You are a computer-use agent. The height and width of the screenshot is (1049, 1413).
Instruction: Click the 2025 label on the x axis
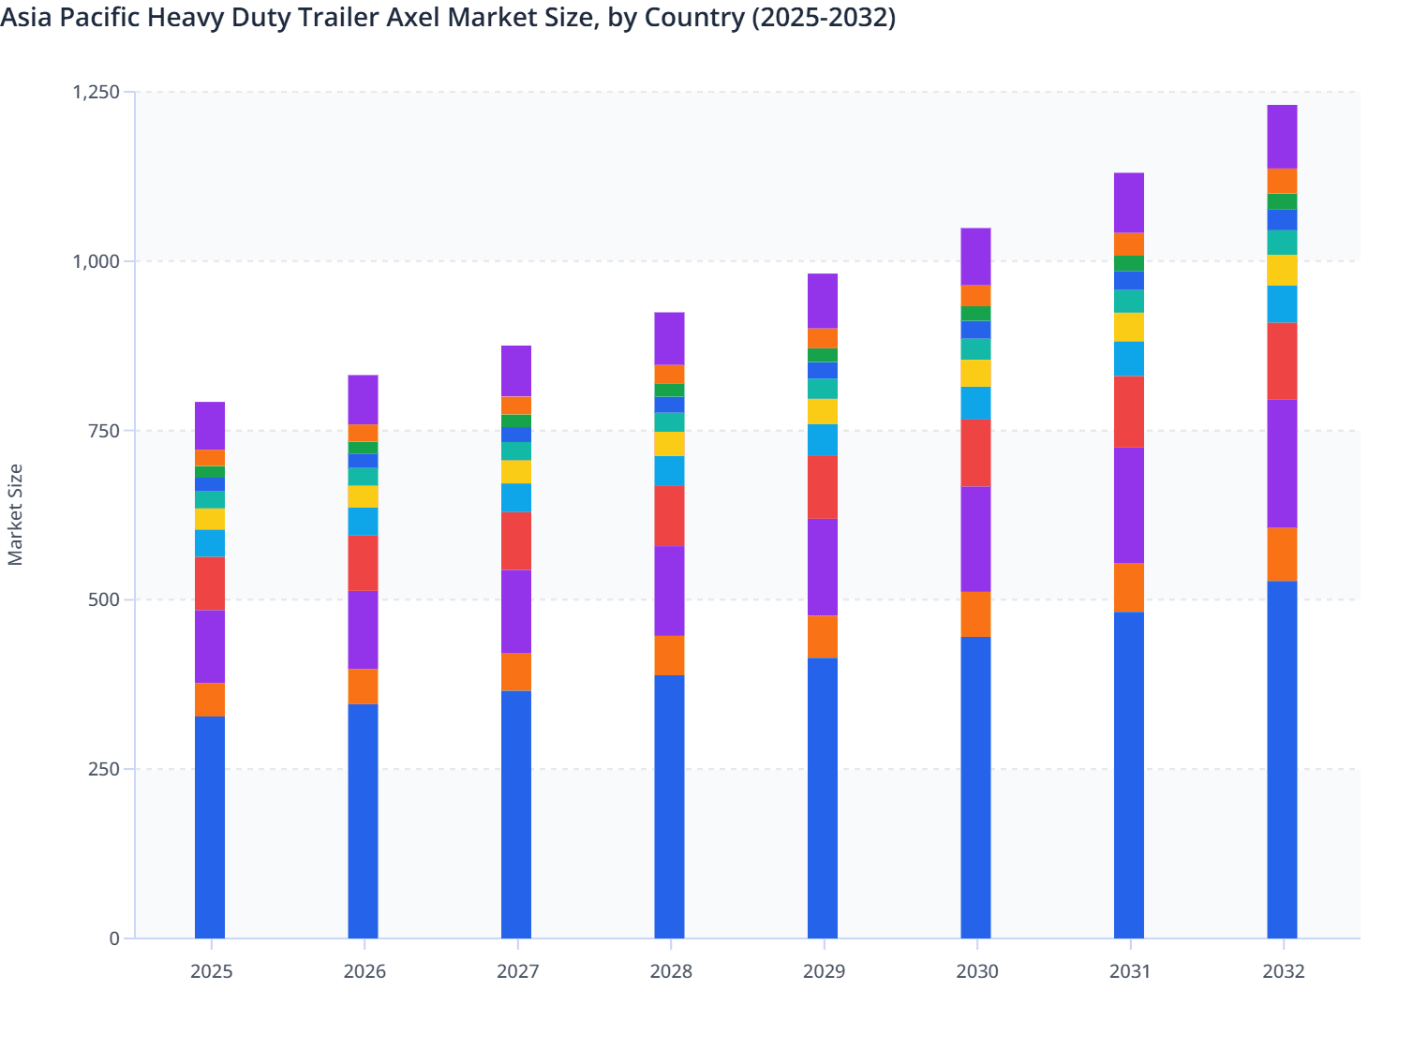pyautogui.click(x=211, y=971)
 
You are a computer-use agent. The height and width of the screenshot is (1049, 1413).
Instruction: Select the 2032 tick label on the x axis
pyautogui.click(x=1283, y=971)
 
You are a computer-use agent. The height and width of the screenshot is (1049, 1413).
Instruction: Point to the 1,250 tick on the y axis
pyautogui.click(x=97, y=92)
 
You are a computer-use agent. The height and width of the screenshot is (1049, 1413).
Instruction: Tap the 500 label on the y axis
pyautogui.click(x=104, y=599)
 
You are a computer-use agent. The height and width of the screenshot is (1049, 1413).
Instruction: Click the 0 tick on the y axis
pyautogui.click(x=114, y=938)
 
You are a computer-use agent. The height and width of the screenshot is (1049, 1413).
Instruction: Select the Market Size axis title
pyautogui.click(x=15, y=515)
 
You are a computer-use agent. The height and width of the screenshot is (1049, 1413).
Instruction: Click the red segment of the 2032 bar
pyautogui.click(x=1282, y=361)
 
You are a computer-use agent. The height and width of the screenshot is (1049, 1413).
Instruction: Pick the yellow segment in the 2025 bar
pyautogui.click(x=210, y=519)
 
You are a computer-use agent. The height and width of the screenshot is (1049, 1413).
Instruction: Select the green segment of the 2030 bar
pyautogui.click(x=975, y=314)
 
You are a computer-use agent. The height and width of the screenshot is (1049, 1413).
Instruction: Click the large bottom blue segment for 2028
pyautogui.click(x=669, y=805)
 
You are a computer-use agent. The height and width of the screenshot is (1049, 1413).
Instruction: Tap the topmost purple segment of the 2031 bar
pyautogui.click(x=1129, y=202)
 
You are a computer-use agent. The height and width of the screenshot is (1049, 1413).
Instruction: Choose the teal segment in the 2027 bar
pyautogui.click(x=516, y=451)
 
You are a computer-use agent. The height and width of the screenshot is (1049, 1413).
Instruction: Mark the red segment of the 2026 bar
pyautogui.click(x=363, y=563)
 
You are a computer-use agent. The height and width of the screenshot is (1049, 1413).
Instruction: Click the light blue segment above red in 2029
pyautogui.click(x=823, y=439)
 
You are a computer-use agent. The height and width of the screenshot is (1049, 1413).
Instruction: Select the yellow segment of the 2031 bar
pyautogui.click(x=1129, y=327)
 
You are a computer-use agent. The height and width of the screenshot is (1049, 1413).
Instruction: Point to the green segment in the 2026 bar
pyautogui.click(x=363, y=448)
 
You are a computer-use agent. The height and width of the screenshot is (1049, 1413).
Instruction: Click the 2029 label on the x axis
pyautogui.click(x=824, y=971)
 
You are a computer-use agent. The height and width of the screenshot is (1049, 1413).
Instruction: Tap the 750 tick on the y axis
pyautogui.click(x=104, y=431)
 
